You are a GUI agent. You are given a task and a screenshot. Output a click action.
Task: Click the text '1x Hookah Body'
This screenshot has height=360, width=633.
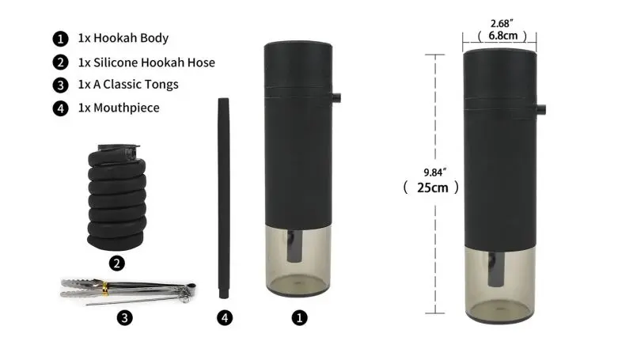point(123,38)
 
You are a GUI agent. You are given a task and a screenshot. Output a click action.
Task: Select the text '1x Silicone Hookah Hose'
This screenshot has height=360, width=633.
point(146,63)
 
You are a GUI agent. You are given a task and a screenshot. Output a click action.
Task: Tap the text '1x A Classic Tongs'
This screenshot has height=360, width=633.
point(128,85)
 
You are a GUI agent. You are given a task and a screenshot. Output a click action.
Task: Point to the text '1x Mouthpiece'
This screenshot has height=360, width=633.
point(119,108)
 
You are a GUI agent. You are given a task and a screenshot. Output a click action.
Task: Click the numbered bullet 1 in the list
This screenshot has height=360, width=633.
point(61,39)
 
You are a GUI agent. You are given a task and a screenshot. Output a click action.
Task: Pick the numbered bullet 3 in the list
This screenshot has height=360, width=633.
point(61,85)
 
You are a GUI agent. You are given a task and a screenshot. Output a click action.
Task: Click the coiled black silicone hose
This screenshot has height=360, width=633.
point(116,197)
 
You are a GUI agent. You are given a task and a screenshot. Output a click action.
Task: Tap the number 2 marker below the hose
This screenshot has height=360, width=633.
point(116,263)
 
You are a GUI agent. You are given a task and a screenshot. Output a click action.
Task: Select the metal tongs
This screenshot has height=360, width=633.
point(128,290)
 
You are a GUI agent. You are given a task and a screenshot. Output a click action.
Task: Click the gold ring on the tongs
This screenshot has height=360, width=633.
point(105,289)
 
